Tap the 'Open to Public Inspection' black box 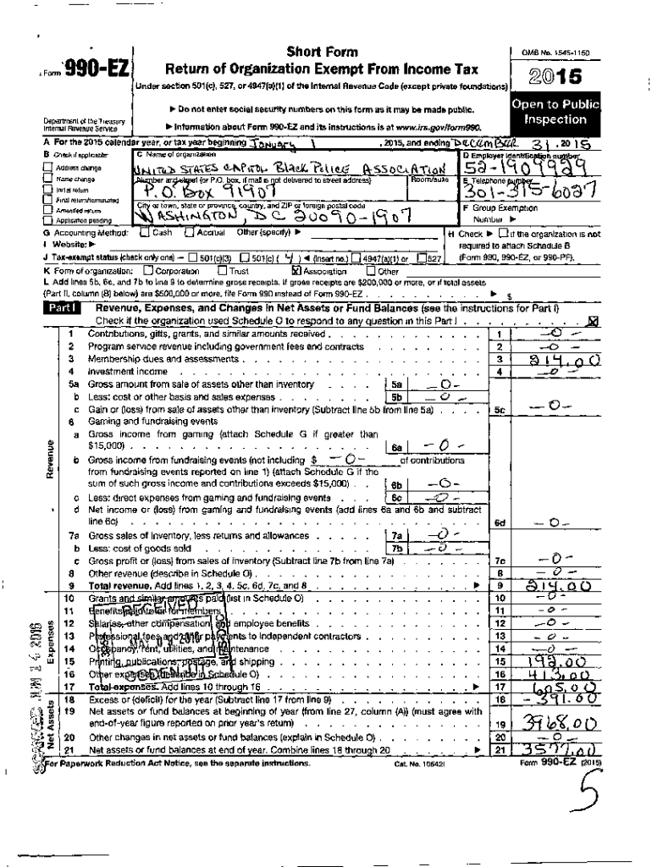pos(555,113)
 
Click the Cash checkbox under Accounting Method pos(145,232)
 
